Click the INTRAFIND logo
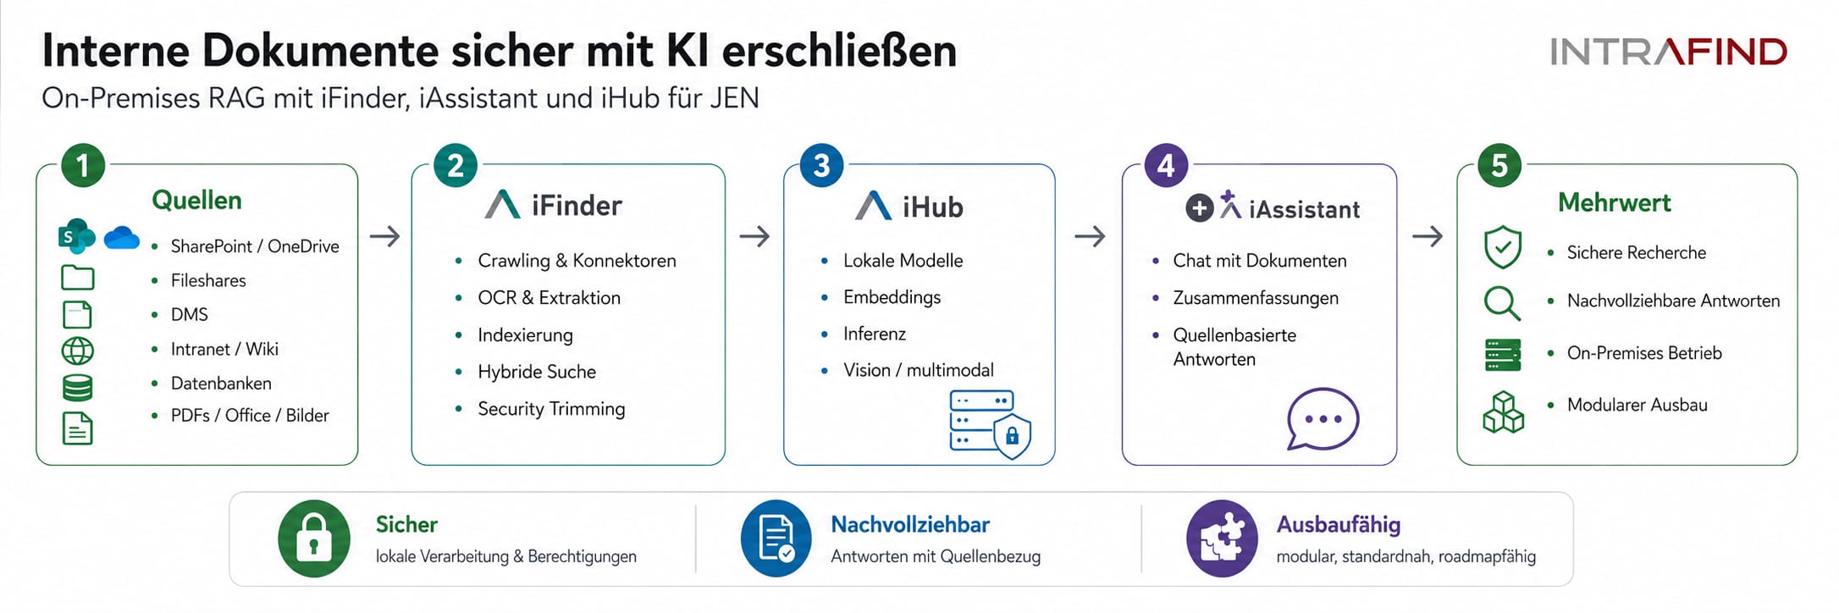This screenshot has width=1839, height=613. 1668,52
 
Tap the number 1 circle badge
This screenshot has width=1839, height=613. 83,165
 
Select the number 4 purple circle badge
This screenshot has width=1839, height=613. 1166,165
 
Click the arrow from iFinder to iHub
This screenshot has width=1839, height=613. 754,236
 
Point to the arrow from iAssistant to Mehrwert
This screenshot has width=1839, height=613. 1428,236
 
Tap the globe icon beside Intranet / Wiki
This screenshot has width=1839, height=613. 78,351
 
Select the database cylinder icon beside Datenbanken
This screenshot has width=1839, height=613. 78,387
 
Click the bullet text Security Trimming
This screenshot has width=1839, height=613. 551,409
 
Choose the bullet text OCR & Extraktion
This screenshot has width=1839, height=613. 549,298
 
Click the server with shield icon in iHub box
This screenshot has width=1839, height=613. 990,424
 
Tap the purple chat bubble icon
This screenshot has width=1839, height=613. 1323,418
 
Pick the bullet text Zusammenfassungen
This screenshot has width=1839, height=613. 1256,298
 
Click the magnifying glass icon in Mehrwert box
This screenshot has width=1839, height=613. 1503,302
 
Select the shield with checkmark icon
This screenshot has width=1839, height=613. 1503,246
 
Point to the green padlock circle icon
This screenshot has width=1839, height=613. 314,538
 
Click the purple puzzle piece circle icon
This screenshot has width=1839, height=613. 1222,538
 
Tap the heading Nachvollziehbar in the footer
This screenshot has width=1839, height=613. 910,525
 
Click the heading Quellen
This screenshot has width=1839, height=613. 196,201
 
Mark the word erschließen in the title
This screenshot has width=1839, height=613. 839,51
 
